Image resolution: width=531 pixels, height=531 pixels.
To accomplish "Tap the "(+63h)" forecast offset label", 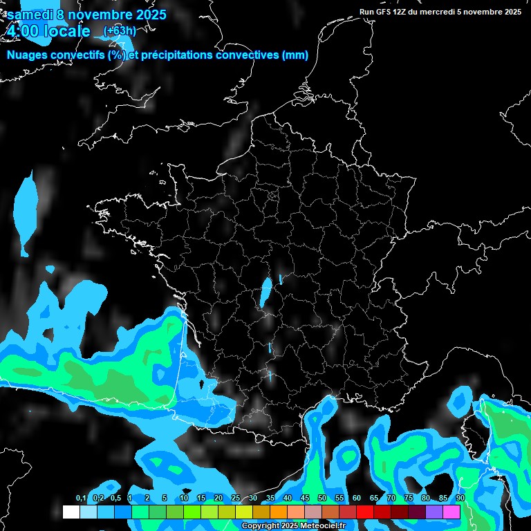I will click(x=119, y=30).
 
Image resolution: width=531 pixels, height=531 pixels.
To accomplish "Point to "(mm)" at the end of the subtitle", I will click(x=295, y=55).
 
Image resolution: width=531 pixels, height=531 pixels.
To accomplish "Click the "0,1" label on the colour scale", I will click(x=81, y=499).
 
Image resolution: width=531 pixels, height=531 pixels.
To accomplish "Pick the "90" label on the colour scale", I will click(x=460, y=499).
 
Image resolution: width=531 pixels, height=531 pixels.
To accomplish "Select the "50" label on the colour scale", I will click(x=322, y=499).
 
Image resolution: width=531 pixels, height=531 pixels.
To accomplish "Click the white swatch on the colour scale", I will click(x=71, y=512).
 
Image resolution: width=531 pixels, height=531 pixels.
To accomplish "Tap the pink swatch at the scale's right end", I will click(x=451, y=512).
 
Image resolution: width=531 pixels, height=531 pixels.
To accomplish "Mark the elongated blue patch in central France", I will click(x=265, y=292).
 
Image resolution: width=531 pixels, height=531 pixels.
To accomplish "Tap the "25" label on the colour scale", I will click(x=236, y=499).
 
